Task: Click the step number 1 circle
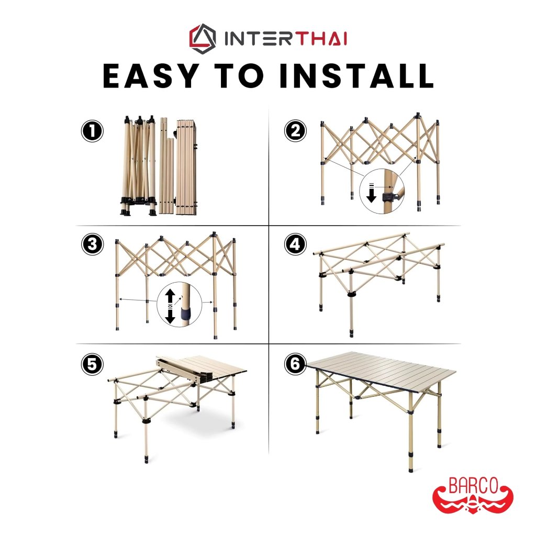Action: (x=92, y=131)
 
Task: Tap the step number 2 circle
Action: (x=295, y=130)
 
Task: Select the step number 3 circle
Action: (x=93, y=244)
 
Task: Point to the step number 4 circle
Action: (x=295, y=244)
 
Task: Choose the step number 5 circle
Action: (x=92, y=364)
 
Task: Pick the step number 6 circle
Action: (x=295, y=364)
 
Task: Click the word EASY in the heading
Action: (x=151, y=76)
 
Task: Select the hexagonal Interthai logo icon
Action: (x=203, y=39)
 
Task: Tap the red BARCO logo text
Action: (x=473, y=486)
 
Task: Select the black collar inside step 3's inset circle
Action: (x=186, y=313)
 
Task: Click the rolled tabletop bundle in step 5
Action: (x=185, y=368)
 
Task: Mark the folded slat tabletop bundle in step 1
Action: (x=187, y=167)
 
